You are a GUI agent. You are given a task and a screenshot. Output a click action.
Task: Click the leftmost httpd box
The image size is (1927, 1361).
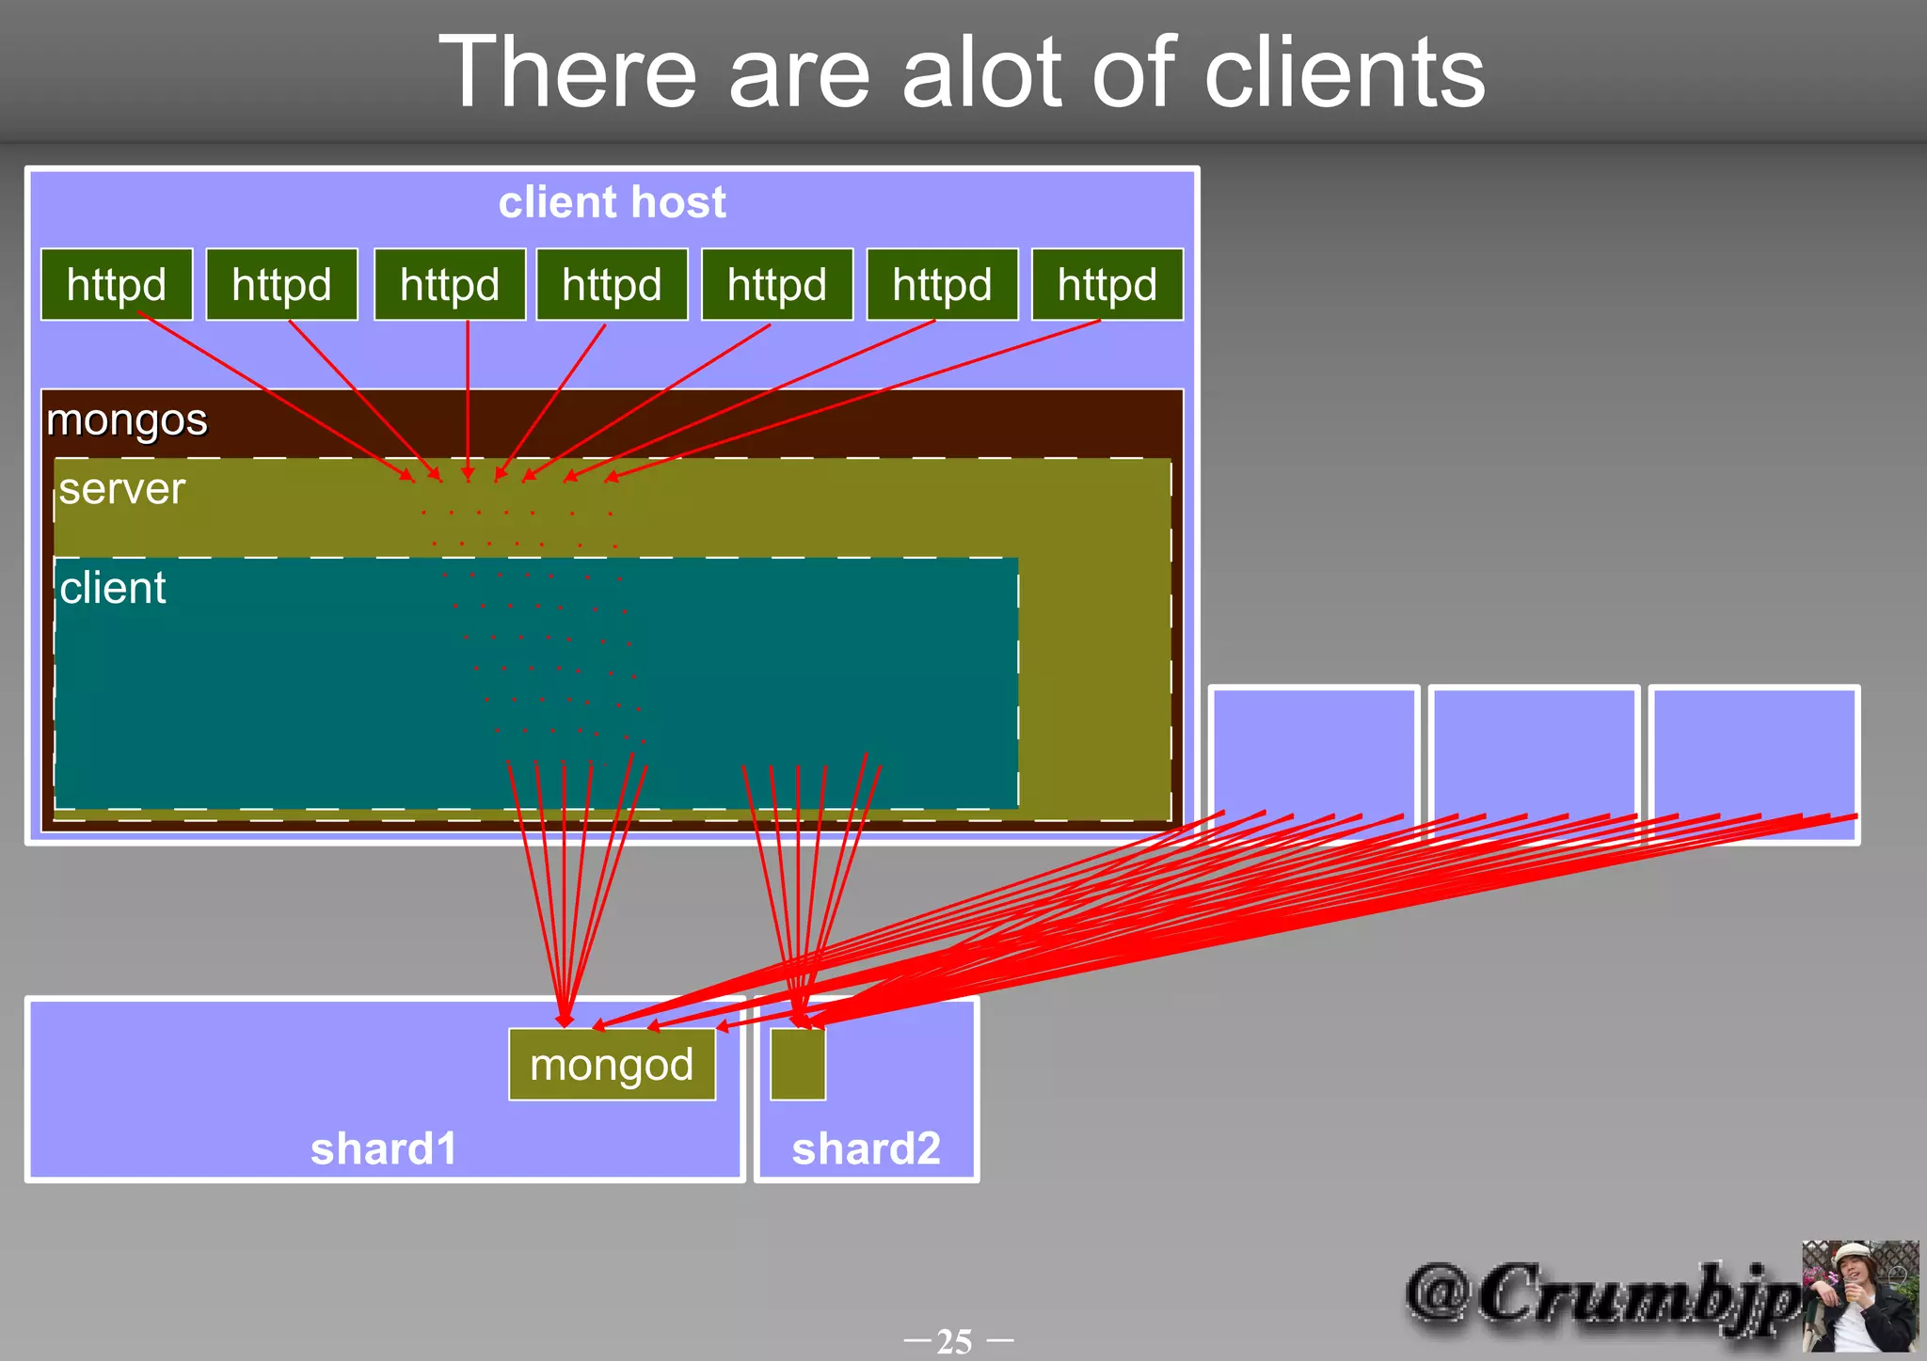tap(117, 285)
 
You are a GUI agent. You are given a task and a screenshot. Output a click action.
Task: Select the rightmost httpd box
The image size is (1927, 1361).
tap(1107, 285)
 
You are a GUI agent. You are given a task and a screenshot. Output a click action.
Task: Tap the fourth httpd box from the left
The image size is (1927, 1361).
tap(612, 285)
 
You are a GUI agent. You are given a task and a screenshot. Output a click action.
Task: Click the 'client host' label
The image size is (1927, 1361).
tap(612, 202)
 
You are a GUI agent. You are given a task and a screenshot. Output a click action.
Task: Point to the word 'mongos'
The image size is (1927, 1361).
tap(127, 419)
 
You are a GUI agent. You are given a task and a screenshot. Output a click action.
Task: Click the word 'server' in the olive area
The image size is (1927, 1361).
tap(122, 489)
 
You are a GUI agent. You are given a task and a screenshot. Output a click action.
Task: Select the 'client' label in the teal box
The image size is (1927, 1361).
tap(113, 588)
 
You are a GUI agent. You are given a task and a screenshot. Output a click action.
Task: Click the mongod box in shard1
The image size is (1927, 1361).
tap(612, 1065)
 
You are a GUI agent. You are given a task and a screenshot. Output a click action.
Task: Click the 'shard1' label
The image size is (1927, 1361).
tap(384, 1148)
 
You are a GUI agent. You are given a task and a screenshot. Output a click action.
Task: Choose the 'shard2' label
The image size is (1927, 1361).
tap(866, 1148)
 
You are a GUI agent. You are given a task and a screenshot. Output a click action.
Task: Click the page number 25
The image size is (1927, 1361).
tap(955, 1340)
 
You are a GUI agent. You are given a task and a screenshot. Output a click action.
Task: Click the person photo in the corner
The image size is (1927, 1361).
tap(1859, 1296)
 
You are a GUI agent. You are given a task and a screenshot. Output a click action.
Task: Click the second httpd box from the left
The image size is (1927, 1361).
tap(281, 285)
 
